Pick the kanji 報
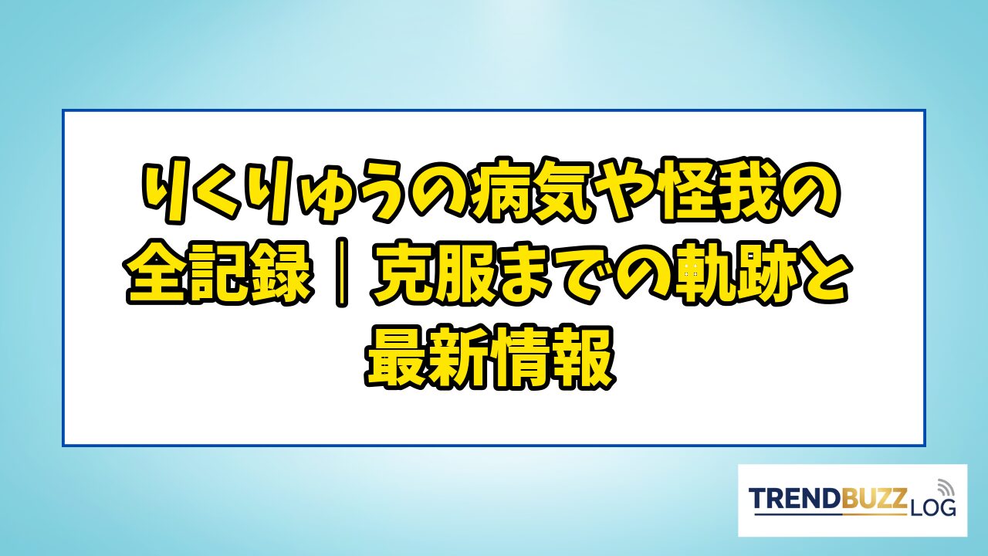point(584,357)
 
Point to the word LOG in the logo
point(932,508)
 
